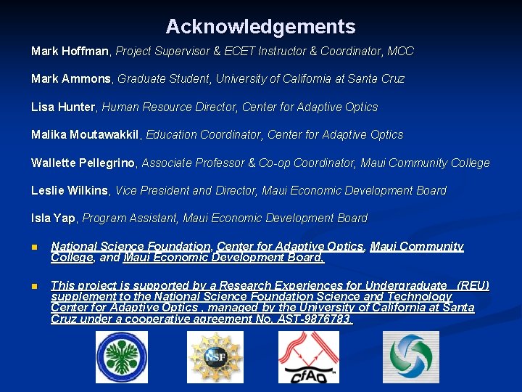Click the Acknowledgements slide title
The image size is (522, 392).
click(x=260, y=27)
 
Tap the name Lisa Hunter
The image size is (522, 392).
click(x=63, y=107)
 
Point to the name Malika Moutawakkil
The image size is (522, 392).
click(x=88, y=135)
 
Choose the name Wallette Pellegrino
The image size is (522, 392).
click(x=83, y=163)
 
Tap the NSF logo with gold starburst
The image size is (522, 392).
click(x=215, y=357)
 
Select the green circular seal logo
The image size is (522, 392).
click(x=121, y=357)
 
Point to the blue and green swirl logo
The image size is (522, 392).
click(x=410, y=357)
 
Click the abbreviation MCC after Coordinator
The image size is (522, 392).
click(x=400, y=52)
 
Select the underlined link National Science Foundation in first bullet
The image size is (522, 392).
click(x=130, y=247)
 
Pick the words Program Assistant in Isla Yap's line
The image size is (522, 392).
click(x=130, y=219)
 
